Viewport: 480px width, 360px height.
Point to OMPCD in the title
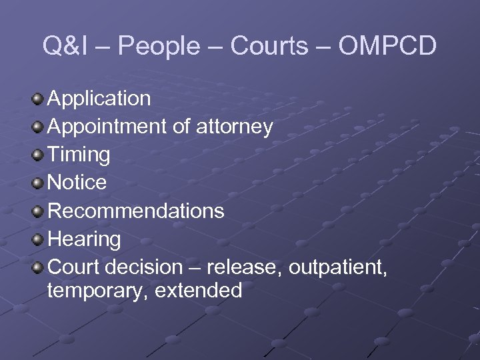point(388,47)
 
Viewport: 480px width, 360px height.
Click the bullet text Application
point(99,99)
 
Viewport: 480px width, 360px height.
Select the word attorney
point(234,127)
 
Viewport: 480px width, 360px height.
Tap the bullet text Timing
point(79,155)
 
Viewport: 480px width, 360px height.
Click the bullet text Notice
point(77,183)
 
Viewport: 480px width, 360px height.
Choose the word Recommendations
point(136,211)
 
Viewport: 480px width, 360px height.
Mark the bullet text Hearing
point(85,239)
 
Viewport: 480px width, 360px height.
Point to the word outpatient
point(341,267)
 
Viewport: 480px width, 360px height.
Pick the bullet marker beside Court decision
point(38,268)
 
